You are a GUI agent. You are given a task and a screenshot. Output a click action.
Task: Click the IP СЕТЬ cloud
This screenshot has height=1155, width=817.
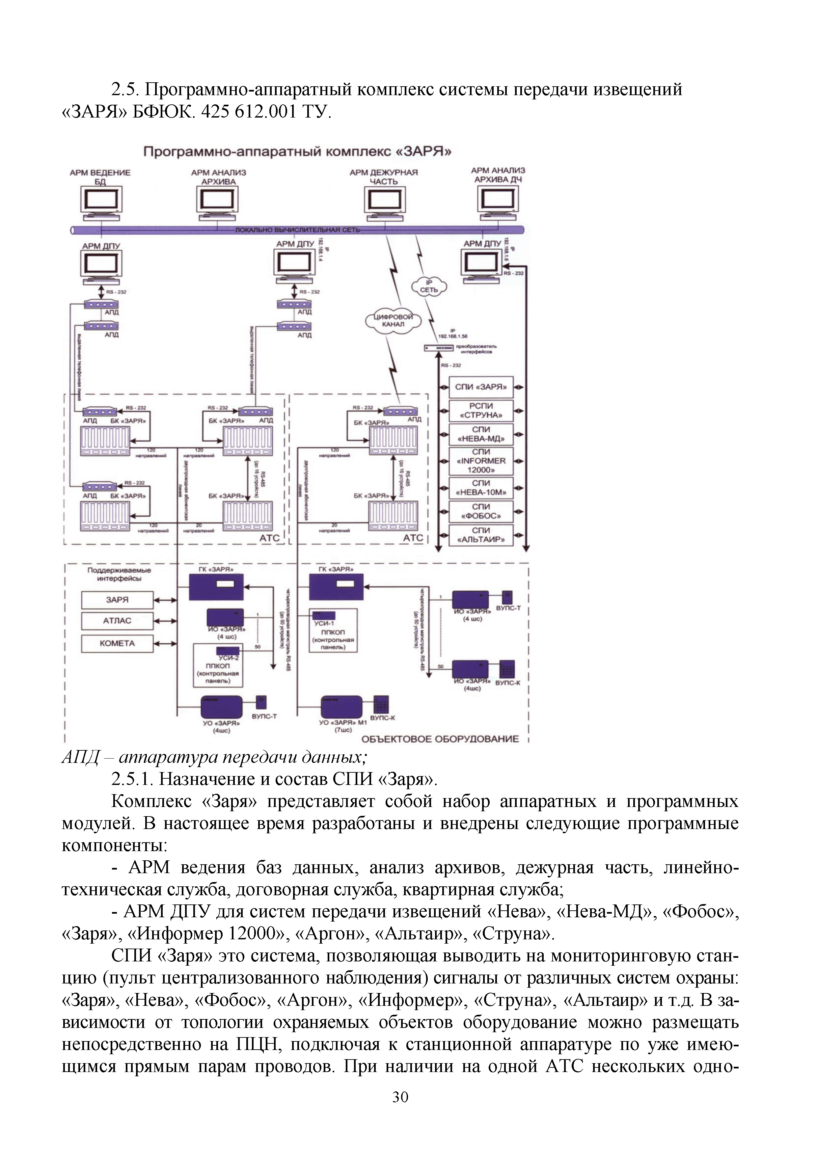[x=429, y=286]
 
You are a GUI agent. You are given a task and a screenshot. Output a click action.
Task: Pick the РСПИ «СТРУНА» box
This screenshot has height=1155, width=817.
[x=480, y=411]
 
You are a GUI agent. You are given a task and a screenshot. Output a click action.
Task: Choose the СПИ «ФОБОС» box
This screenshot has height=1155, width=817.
[x=480, y=511]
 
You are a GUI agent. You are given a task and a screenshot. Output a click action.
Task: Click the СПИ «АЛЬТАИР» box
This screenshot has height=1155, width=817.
[x=480, y=535]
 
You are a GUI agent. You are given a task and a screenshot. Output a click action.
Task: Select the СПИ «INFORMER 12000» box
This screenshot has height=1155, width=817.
[x=480, y=461]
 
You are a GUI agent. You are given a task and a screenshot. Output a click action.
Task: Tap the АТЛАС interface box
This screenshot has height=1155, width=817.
[x=117, y=621]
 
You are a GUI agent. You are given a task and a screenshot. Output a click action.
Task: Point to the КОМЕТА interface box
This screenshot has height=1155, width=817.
[x=117, y=643]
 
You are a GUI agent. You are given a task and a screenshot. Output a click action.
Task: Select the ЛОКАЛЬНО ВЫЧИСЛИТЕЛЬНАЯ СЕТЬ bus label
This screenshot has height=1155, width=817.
[x=297, y=230]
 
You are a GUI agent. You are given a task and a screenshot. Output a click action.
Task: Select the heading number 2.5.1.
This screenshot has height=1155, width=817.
[x=132, y=779]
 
